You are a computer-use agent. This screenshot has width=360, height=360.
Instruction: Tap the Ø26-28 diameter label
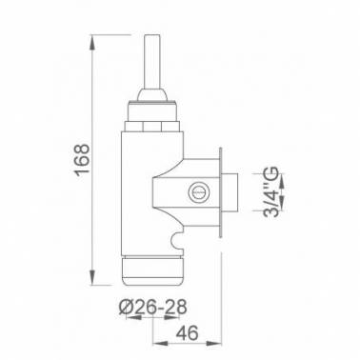152,308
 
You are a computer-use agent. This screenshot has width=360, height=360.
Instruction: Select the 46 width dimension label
187,333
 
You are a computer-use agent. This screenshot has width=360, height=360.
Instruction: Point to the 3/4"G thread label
270,191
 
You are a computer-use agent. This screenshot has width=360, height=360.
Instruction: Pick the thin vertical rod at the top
151,61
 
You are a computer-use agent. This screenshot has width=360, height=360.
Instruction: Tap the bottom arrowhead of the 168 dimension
91,277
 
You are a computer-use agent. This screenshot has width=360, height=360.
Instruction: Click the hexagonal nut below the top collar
152,127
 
